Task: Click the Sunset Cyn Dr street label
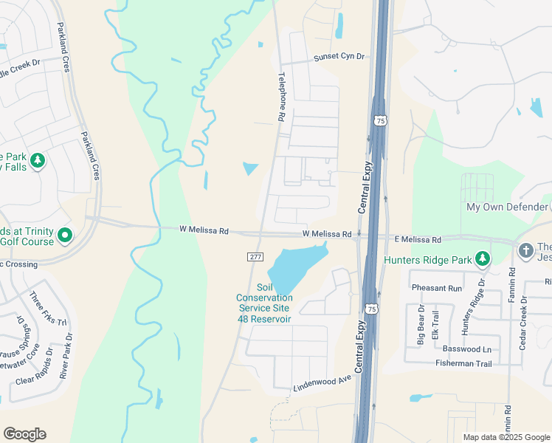coord(339,57)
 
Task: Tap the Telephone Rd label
coord(281,97)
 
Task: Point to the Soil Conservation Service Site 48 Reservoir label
coord(264,303)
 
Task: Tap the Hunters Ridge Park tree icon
coord(483,258)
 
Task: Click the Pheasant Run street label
coord(437,288)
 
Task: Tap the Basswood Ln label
coord(466,348)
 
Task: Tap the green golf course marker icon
coord(65,236)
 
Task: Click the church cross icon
coord(525,250)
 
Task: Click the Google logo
coord(24,434)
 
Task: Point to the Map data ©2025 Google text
coord(506,437)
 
